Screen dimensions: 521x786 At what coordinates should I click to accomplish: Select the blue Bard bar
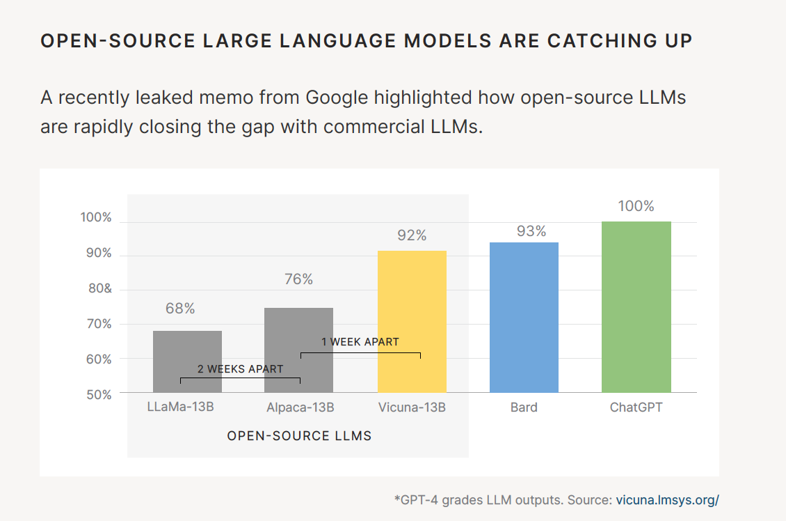524,317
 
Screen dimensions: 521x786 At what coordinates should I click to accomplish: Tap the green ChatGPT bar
636,306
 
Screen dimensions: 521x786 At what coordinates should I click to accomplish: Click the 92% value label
412,235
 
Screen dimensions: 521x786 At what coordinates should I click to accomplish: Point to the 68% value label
180,308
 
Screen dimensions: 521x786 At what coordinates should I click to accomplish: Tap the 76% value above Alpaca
298,279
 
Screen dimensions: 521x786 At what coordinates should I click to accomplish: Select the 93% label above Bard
531,231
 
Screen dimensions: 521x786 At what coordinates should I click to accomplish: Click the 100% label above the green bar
636,206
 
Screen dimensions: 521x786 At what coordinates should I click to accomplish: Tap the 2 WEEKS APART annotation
240,368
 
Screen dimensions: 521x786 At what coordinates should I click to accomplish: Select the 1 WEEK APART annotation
360,341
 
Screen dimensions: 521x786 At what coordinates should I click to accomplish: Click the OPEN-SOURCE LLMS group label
299,436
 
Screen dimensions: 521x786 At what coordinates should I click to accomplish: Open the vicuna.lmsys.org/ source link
667,499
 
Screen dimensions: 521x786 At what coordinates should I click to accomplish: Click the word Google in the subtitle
336,98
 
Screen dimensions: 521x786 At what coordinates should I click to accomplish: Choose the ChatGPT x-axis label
636,407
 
